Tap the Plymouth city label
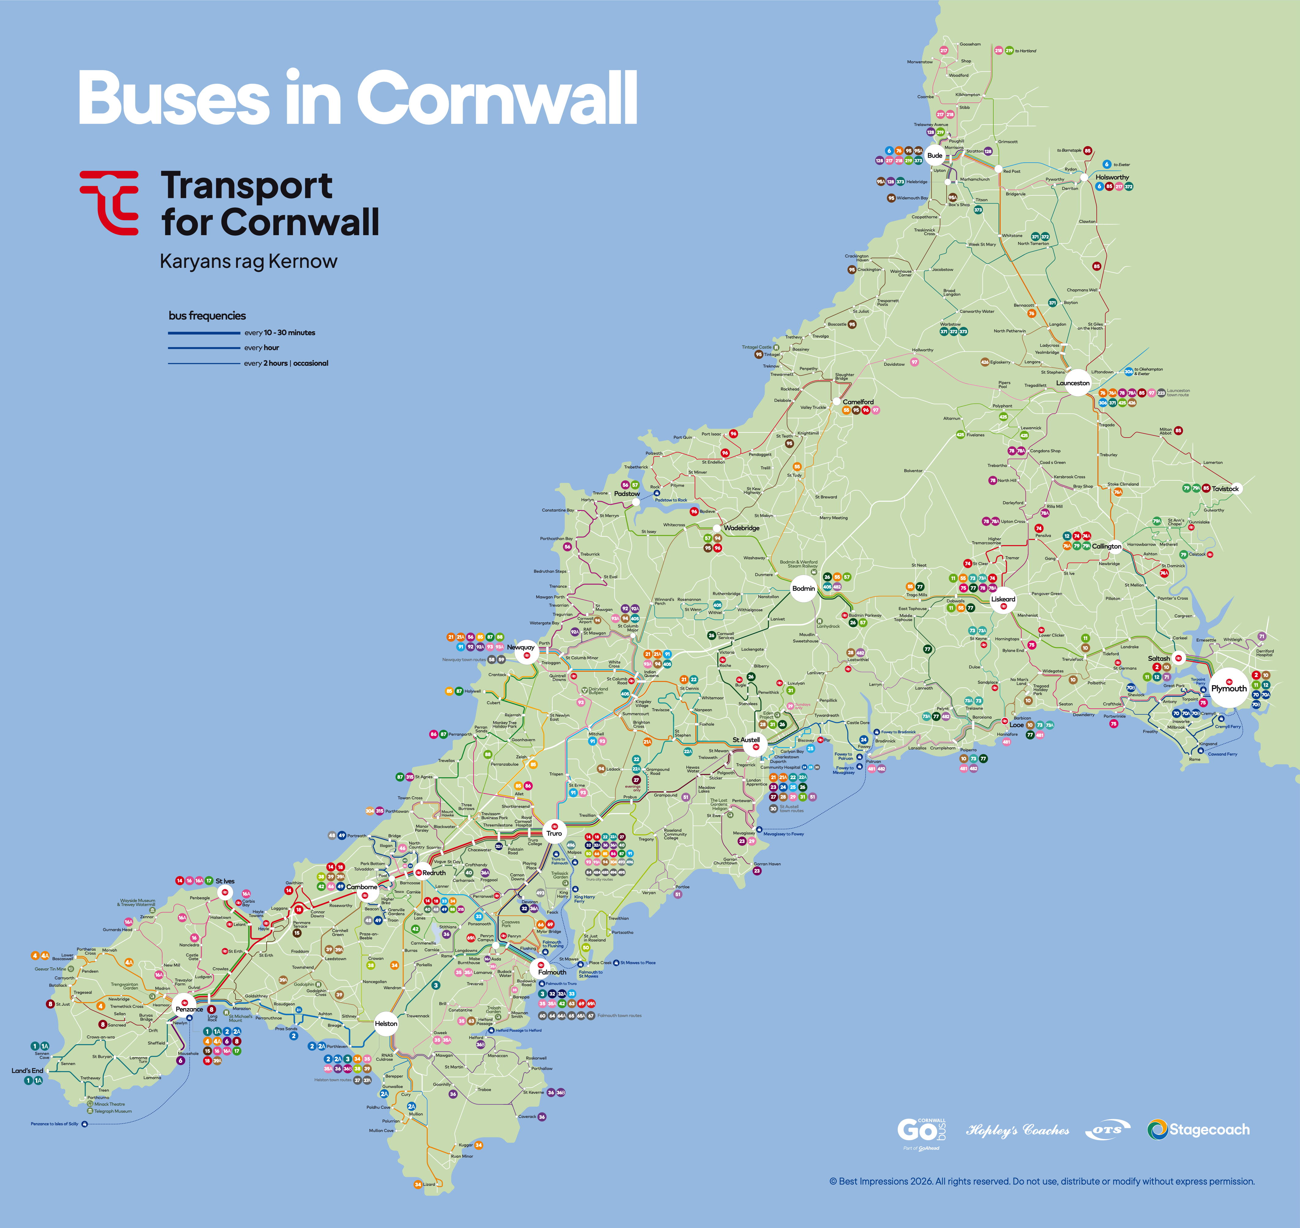tap(1229, 689)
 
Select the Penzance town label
tap(189, 1009)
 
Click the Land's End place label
tap(28, 1070)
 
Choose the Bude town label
tap(935, 155)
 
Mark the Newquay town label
tap(520, 647)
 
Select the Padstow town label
tap(626, 494)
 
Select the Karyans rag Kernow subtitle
tap(249, 261)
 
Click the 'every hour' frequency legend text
tap(262, 348)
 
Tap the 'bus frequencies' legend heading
tap(208, 316)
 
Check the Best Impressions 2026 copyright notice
tap(1041, 1182)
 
